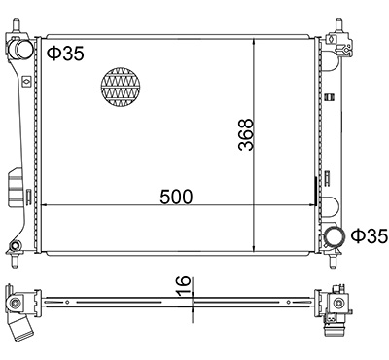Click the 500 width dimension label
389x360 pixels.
pos(176,197)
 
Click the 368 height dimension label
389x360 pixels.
pos(245,134)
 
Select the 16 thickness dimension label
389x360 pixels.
pos(184,286)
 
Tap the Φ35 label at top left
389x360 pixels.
pos(66,54)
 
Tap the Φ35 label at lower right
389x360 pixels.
pos(370,235)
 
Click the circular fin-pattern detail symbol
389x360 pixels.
pos(122,87)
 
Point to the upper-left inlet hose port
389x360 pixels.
pos(22,50)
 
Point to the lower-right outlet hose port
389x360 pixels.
pos(334,238)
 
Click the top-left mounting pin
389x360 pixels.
pos(17,25)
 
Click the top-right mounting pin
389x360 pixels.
pos(338,25)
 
